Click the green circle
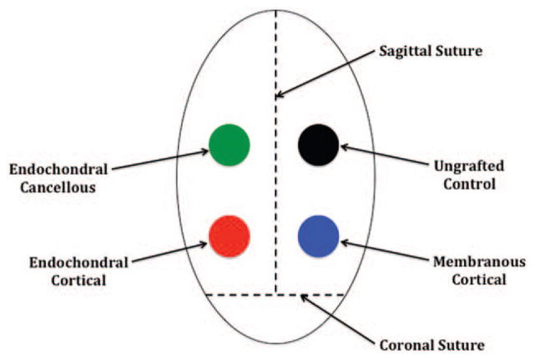tap(229, 145)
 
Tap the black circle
tap(319, 145)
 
